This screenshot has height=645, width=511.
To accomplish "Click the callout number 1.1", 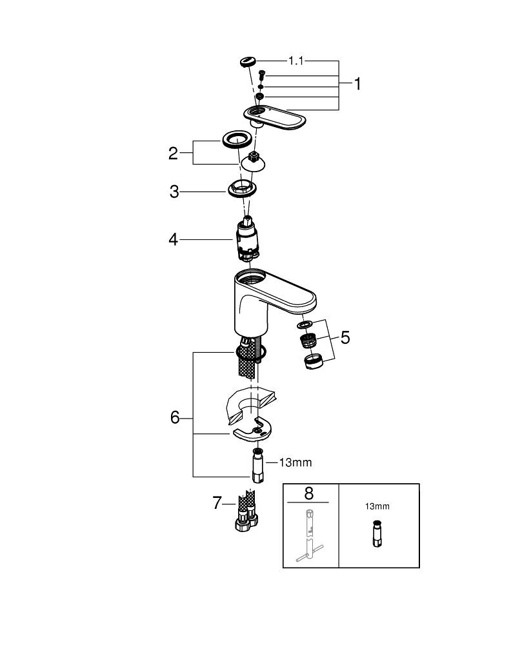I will click(296, 61).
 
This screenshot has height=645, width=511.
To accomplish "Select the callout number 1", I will click(357, 84).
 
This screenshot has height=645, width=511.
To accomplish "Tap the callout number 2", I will click(173, 154).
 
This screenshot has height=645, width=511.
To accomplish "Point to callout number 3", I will click(174, 192).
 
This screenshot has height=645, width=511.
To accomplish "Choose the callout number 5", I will click(345, 337).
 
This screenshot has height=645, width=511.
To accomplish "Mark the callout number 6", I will click(175, 418).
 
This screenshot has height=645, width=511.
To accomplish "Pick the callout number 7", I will click(217, 502).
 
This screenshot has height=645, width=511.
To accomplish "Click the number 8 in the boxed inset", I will click(308, 494).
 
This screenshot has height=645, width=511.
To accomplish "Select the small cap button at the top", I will click(246, 63).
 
